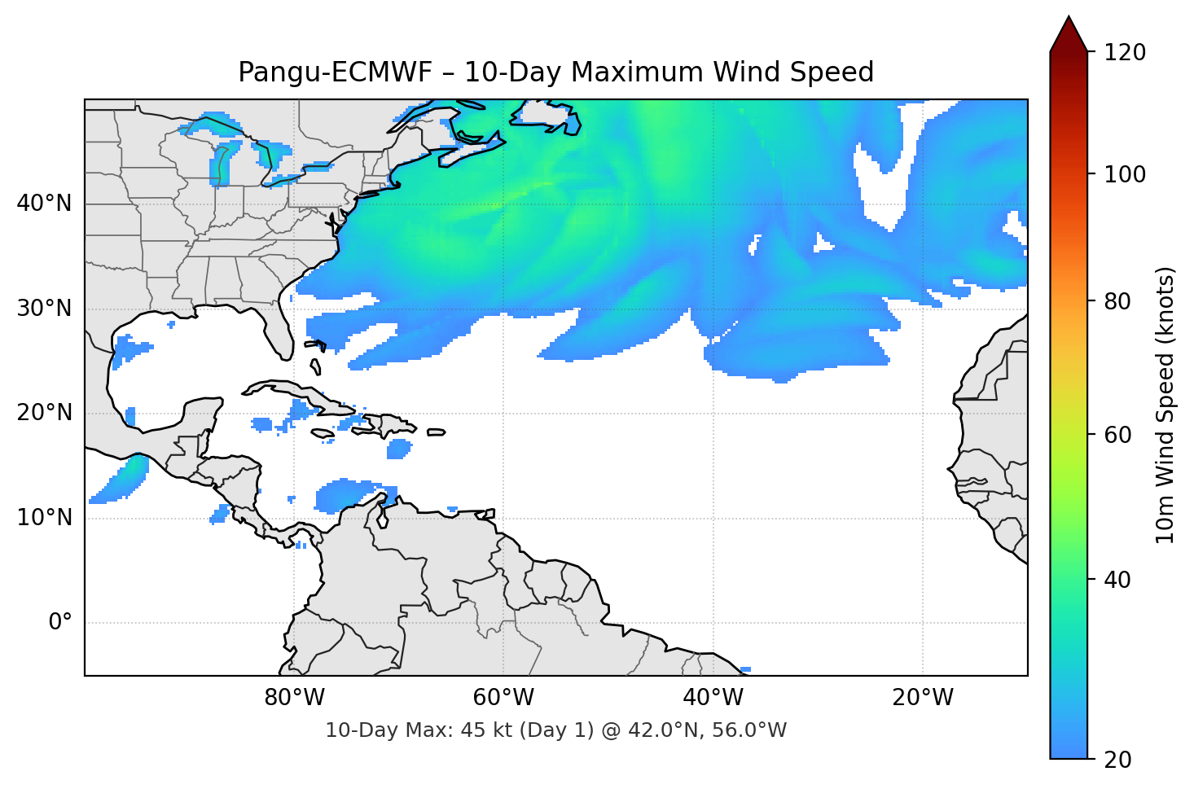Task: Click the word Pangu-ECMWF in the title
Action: point(334,72)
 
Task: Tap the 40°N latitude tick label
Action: point(44,204)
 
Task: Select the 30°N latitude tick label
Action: point(44,309)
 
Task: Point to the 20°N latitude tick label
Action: point(44,413)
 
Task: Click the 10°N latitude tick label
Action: point(44,518)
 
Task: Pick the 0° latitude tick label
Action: point(60,623)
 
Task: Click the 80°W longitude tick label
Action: point(294,698)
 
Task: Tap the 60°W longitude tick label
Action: point(503,698)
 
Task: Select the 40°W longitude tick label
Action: point(713,698)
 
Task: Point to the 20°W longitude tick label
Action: point(922,698)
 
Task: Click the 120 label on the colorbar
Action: point(1125,52)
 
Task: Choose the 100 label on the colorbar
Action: point(1125,174)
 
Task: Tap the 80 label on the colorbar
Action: point(1117,301)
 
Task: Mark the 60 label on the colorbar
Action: point(1117,435)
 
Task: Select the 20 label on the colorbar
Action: point(1117,760)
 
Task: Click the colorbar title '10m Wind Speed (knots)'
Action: point(1165,405)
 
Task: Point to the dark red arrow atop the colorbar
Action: point(1069,35)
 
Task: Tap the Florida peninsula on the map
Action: point(280,332)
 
